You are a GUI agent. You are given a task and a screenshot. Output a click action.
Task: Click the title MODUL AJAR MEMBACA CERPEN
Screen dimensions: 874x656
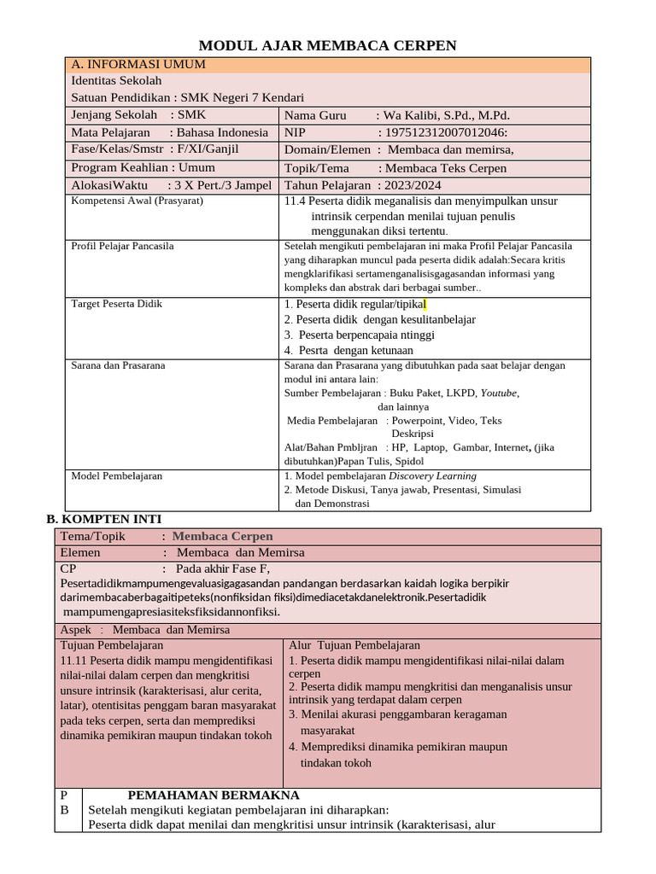click(x=328, y=46)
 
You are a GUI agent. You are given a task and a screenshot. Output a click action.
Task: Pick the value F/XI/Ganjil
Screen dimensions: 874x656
click(x=207, y=149)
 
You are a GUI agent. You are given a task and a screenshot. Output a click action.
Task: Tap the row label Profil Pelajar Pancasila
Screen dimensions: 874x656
click(x=122, y=246)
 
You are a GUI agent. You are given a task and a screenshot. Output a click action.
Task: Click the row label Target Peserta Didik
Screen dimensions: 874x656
click(x=116, y=304)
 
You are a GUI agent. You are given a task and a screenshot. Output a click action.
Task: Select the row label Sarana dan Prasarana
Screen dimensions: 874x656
click(x=118, y=365)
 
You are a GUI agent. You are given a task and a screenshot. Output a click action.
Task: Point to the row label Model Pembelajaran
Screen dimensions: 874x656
click(x=116, y=476)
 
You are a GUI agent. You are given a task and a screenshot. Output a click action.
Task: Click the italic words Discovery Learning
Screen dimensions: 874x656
click(x=432, y=476)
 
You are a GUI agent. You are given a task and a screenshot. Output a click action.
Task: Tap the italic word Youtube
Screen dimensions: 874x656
click(x=499, y=393)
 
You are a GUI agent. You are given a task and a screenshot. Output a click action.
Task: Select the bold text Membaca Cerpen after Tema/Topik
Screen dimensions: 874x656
click(x=222, y=536)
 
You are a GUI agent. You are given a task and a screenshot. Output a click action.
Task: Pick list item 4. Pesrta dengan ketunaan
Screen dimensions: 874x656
click(x=349, y=350)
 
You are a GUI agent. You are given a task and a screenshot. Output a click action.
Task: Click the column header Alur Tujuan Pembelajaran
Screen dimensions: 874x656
click(x=354, y=646)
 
